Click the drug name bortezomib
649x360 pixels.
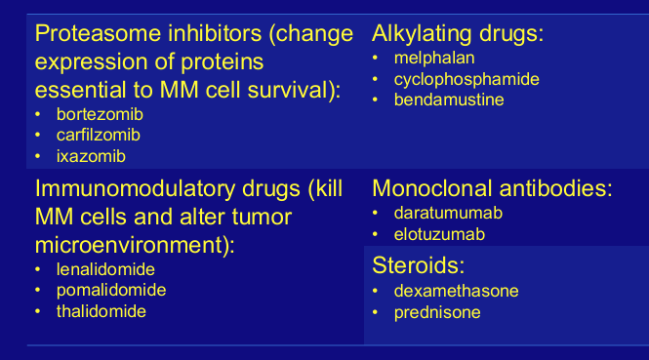click(x=100, y=114)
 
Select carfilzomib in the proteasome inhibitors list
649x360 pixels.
click(x=99, y=136)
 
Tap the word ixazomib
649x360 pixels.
click(x=91, y=156)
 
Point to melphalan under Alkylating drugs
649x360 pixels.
click(x=434, y=58)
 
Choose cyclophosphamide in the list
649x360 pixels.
click(x=466, y=79)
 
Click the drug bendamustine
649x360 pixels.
click(x=449, y=100)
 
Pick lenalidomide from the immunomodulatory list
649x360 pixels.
click(x=105, y=270)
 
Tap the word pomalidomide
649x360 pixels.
click(x=111, y=291)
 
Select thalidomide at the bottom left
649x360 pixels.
click(x=101, y=311)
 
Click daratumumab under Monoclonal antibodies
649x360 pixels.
click(x=448, y=213)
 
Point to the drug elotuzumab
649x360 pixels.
click(x=439, y=234)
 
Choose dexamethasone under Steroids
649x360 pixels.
click(x=456, y=291)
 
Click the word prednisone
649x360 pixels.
click(x=437, y=313)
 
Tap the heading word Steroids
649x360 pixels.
click(x=419, y=265)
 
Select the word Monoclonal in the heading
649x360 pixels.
click(x=432, y=188)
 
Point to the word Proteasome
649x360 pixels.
click(x=98, y=33)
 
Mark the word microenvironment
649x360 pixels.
click(x=132, y=246)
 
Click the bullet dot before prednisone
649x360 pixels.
click(x=375, y=312)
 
